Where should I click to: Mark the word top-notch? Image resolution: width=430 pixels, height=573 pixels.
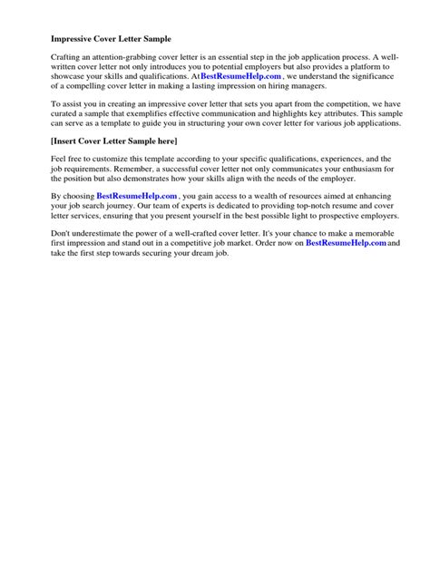click(286, 209)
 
